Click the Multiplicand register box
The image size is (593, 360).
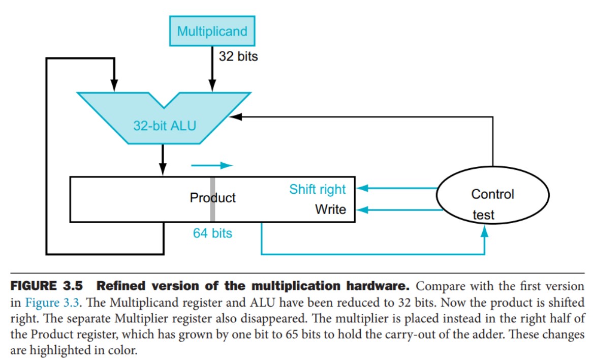212,31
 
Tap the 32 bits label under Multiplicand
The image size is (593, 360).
238,56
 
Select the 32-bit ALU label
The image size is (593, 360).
164,126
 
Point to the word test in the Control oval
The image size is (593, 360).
483,215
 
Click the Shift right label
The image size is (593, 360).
317,190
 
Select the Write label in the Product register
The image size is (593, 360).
330,209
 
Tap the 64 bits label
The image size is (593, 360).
212,233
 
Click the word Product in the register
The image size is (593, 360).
212,198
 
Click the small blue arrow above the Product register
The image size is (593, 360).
211,165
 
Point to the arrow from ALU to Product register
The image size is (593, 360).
163,160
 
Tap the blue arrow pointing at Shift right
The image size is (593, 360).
396,189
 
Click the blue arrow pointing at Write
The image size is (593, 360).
396,209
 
